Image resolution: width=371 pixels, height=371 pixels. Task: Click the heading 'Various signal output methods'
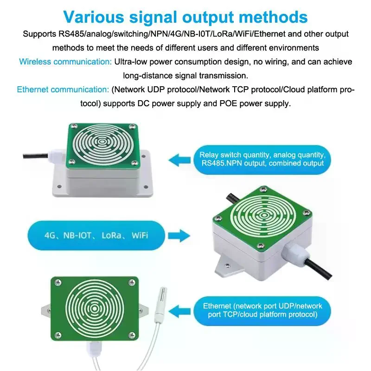185,17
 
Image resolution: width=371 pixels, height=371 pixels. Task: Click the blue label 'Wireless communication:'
65,62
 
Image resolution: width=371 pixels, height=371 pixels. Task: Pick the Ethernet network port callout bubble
262,310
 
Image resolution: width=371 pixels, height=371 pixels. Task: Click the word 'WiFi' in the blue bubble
140,236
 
